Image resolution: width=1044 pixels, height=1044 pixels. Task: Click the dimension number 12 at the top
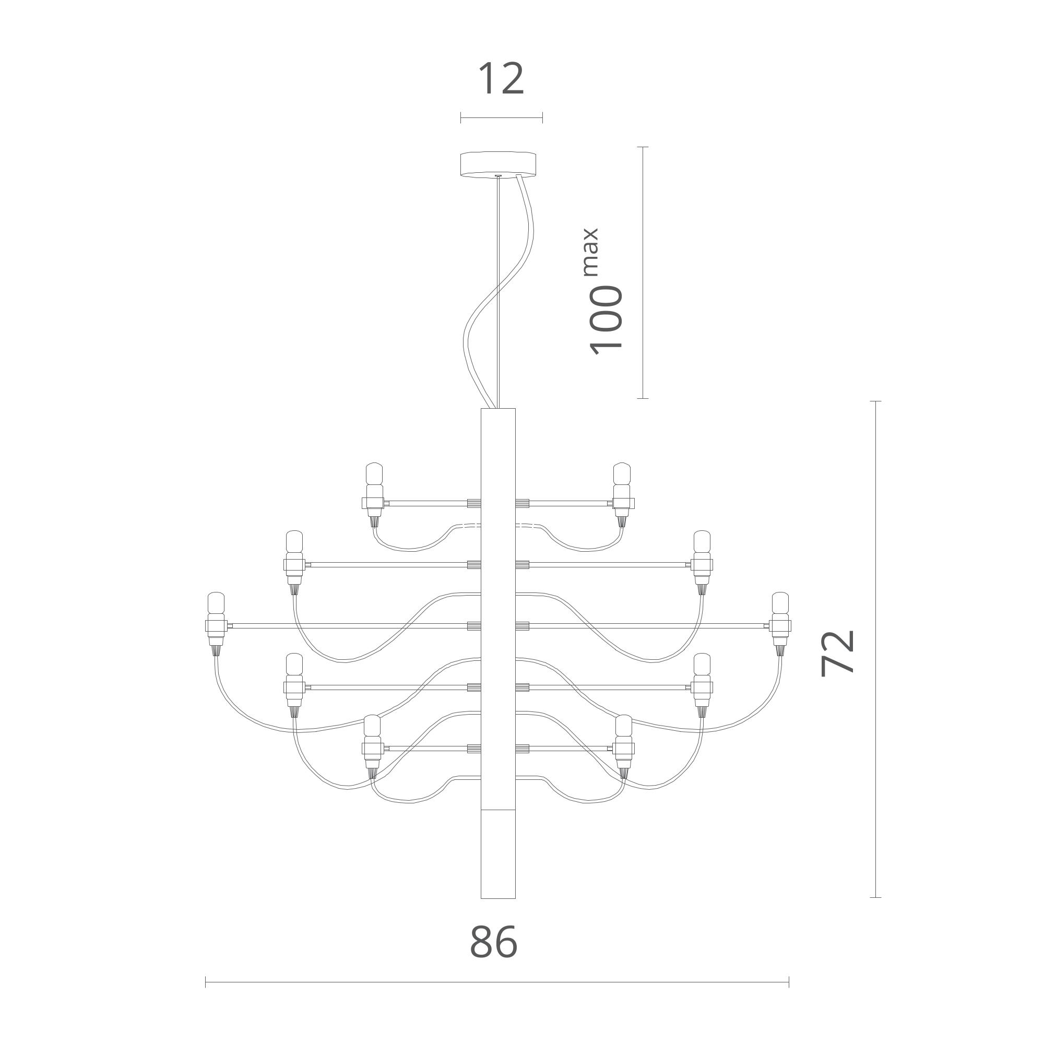point(502,79)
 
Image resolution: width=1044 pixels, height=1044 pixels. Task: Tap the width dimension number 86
point(494,942)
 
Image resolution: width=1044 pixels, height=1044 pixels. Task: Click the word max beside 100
point(591,252)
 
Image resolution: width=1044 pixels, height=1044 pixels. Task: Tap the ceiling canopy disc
point(498,164)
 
